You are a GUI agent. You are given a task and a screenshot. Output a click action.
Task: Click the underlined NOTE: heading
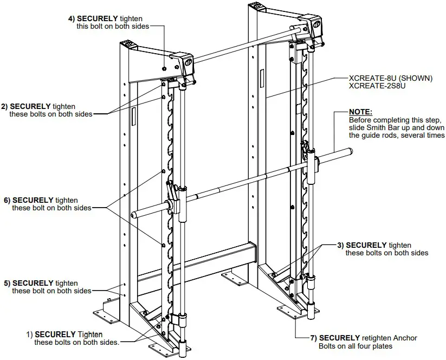(x=361, y=112)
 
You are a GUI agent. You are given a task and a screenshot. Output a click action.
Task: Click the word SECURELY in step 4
(x=99, y=18)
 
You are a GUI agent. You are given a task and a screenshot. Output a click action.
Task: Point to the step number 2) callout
(x=5, y=106)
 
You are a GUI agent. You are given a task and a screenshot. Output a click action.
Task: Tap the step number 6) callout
(x=7, y=200)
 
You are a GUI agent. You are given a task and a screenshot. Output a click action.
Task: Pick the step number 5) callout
(x=7, y=283)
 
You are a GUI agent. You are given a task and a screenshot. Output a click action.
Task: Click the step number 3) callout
(x=340, y=245)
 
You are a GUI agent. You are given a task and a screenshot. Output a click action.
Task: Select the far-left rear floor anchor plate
(x=105, y=313)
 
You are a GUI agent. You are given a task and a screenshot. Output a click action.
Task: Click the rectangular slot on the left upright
(x=132, y=117)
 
